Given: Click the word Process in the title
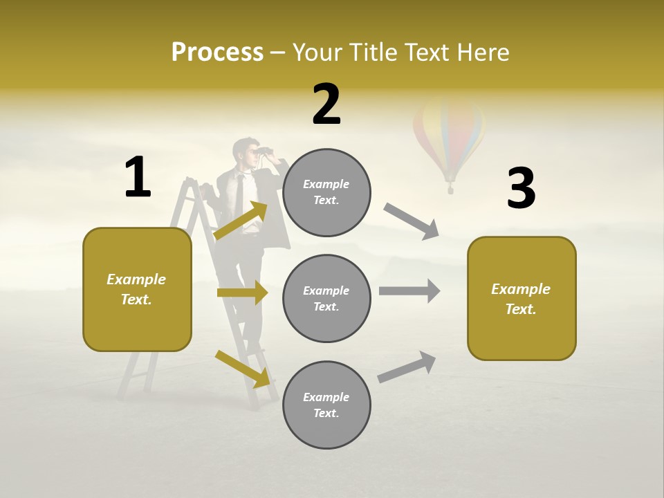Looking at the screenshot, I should point(217,52).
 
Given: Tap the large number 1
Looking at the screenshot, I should point(138,177).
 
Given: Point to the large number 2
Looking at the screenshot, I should point(326,104).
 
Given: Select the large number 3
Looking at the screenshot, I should point(521,188).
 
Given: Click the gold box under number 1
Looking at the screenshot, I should point(137,289).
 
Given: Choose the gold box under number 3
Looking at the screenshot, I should point(522,299).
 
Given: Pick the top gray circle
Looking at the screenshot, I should point(326,192).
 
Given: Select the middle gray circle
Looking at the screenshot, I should point(326,299).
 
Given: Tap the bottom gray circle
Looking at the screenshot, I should point(326,405).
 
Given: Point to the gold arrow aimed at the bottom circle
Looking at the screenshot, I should point(243,369).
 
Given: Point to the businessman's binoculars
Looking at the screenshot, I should point(262,152).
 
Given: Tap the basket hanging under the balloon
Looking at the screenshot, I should point(450,188).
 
